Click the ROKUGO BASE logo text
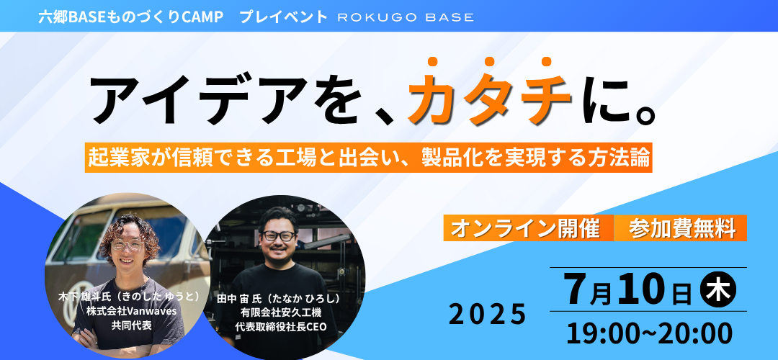pos(406,17)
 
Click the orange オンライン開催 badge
pos(529,228)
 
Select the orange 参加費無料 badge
pos(681,228)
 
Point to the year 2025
pos(488,315)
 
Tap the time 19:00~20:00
pos(649,333)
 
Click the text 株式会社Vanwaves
pos(128,311)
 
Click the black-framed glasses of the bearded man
pos(280,236)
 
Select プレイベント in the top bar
pos(283,17)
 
